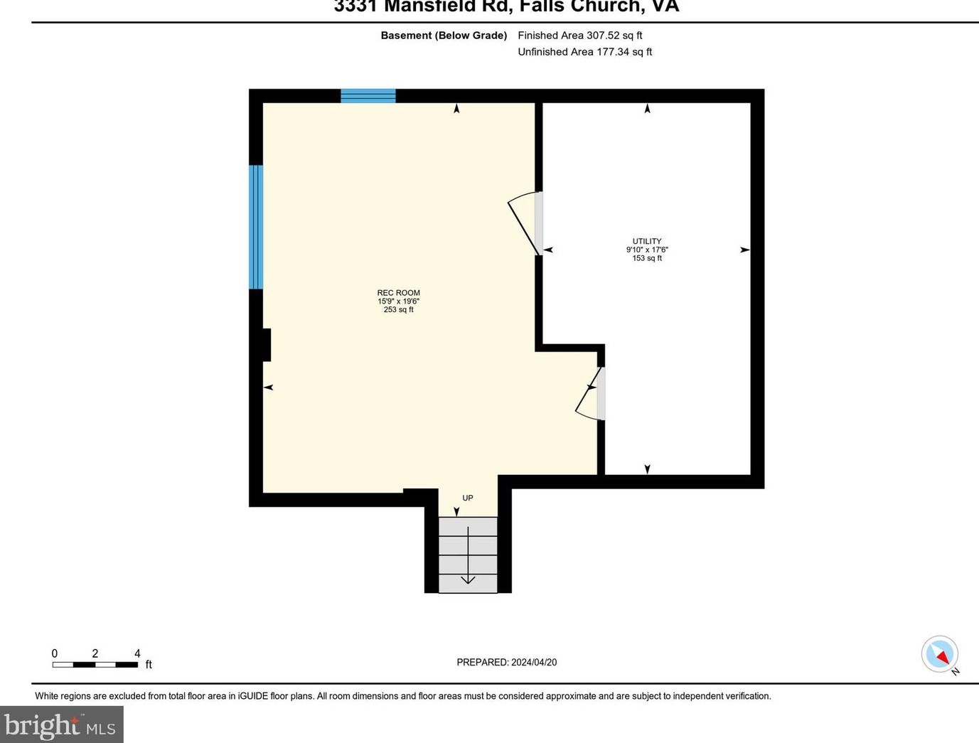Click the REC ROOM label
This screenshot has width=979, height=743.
(x=398, y=293)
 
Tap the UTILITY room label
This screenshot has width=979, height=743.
(x=647, y=241)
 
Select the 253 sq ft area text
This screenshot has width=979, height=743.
(x=398, y=310)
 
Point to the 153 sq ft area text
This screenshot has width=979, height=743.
(x=647, y=258)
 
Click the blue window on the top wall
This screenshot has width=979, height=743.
(x=368, y=96)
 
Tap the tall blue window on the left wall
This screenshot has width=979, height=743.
(x=256, y=227)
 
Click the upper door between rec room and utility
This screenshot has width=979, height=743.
(x=526, y=223)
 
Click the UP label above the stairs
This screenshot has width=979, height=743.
(x=468, y=498)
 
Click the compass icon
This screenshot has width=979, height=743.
(x=940, y=653)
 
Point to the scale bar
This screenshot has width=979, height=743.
(x=95, y=665)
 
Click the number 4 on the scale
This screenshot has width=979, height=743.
(x=137, y=653)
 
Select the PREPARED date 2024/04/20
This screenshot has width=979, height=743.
(x=506, y=662)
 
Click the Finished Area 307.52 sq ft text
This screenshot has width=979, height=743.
(x=579, y=35)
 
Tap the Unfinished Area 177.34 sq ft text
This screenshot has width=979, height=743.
(x=584, y=52)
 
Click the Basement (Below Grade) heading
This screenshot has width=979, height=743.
(x=444, y=35)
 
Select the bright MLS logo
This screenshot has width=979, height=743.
(x=61, y=725)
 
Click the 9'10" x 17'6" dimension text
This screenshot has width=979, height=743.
(x=647, y=250)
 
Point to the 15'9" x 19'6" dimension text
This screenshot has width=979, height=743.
(x=398, y=301)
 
